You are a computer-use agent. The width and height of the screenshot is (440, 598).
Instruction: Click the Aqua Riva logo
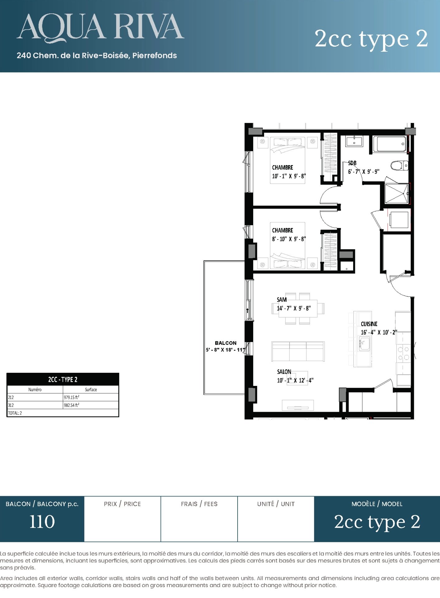(x=100, y=28)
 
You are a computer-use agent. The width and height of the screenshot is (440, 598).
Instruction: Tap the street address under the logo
(x=97, y=55)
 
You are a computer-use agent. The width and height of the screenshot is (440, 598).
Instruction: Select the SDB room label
(x=352, y=163)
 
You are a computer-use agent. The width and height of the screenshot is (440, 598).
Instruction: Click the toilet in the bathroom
(x=399, y=165)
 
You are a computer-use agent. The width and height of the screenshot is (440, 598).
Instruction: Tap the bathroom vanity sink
(x=354, y=141)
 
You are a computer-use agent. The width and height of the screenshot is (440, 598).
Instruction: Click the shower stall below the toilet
(x=397, y=193)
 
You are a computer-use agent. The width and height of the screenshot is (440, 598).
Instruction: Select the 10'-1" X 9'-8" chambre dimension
(x=289, y=176)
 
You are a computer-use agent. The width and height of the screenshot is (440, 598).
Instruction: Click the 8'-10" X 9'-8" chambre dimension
(x=289, y=239)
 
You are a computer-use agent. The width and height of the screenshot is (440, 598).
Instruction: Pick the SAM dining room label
(x=282, y=300)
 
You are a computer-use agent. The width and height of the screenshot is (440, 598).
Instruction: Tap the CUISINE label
(x=369, y=324)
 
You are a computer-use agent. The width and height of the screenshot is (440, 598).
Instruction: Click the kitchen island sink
(x=364, y=344)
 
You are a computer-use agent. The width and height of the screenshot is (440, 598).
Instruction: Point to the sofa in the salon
(x=298, y=351)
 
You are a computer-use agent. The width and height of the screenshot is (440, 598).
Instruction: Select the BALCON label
(x=225, y=343)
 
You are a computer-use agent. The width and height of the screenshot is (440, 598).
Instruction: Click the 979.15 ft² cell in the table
(x=72, y=397)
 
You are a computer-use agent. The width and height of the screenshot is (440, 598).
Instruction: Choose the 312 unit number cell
(x=11, y=405)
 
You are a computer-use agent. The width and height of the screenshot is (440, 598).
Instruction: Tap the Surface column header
(x=91, y=390)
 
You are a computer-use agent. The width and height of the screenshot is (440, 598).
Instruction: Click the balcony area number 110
(x=42, y=522)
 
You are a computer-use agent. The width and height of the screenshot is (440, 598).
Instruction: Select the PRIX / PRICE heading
(x=122, y=504)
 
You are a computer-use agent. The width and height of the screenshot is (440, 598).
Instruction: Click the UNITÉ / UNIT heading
(x=276, y=504)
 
